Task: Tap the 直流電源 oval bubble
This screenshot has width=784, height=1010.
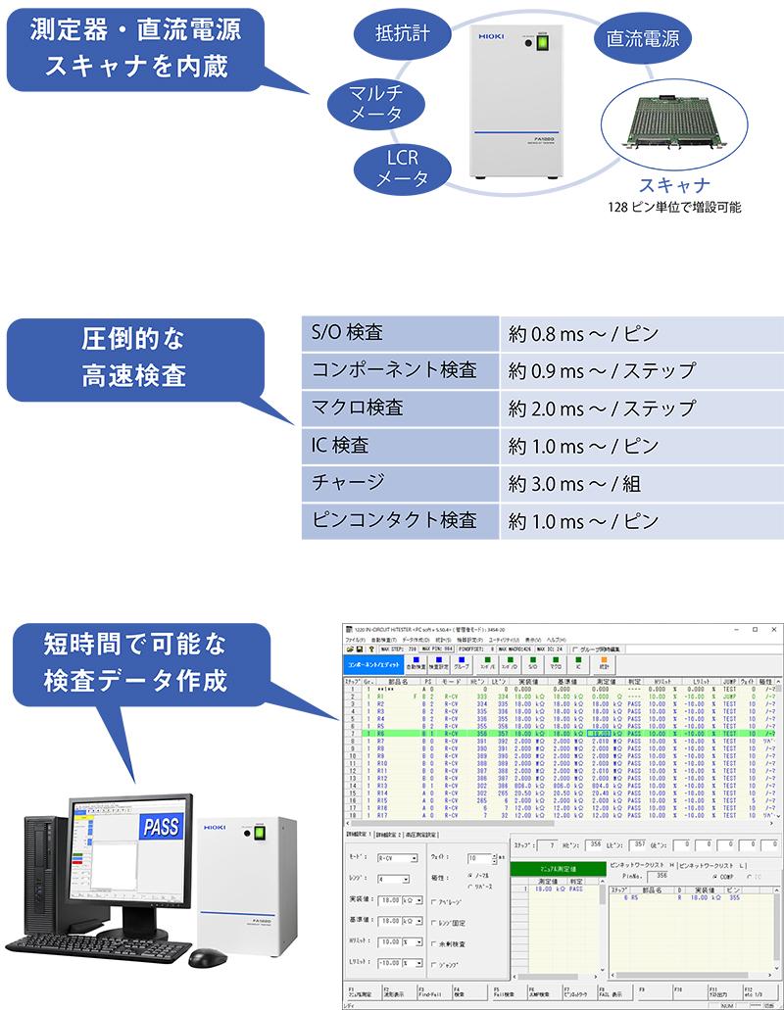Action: (x=642, y=39)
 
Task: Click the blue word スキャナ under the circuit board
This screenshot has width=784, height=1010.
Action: (x=674, y=185)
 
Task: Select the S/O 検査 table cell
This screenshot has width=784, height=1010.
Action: (x=400, y=333)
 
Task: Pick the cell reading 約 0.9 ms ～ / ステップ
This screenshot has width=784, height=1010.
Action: (x=603, y=370)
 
